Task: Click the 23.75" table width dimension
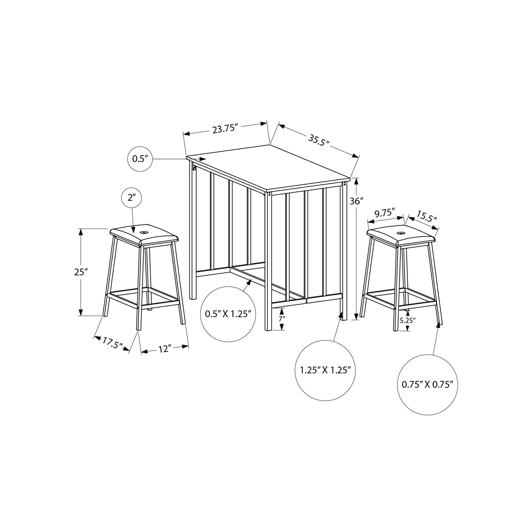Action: (225, 129)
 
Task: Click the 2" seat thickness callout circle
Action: (132, 198)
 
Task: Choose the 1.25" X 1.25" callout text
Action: (325, 370)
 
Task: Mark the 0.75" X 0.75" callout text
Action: (427, 385)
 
